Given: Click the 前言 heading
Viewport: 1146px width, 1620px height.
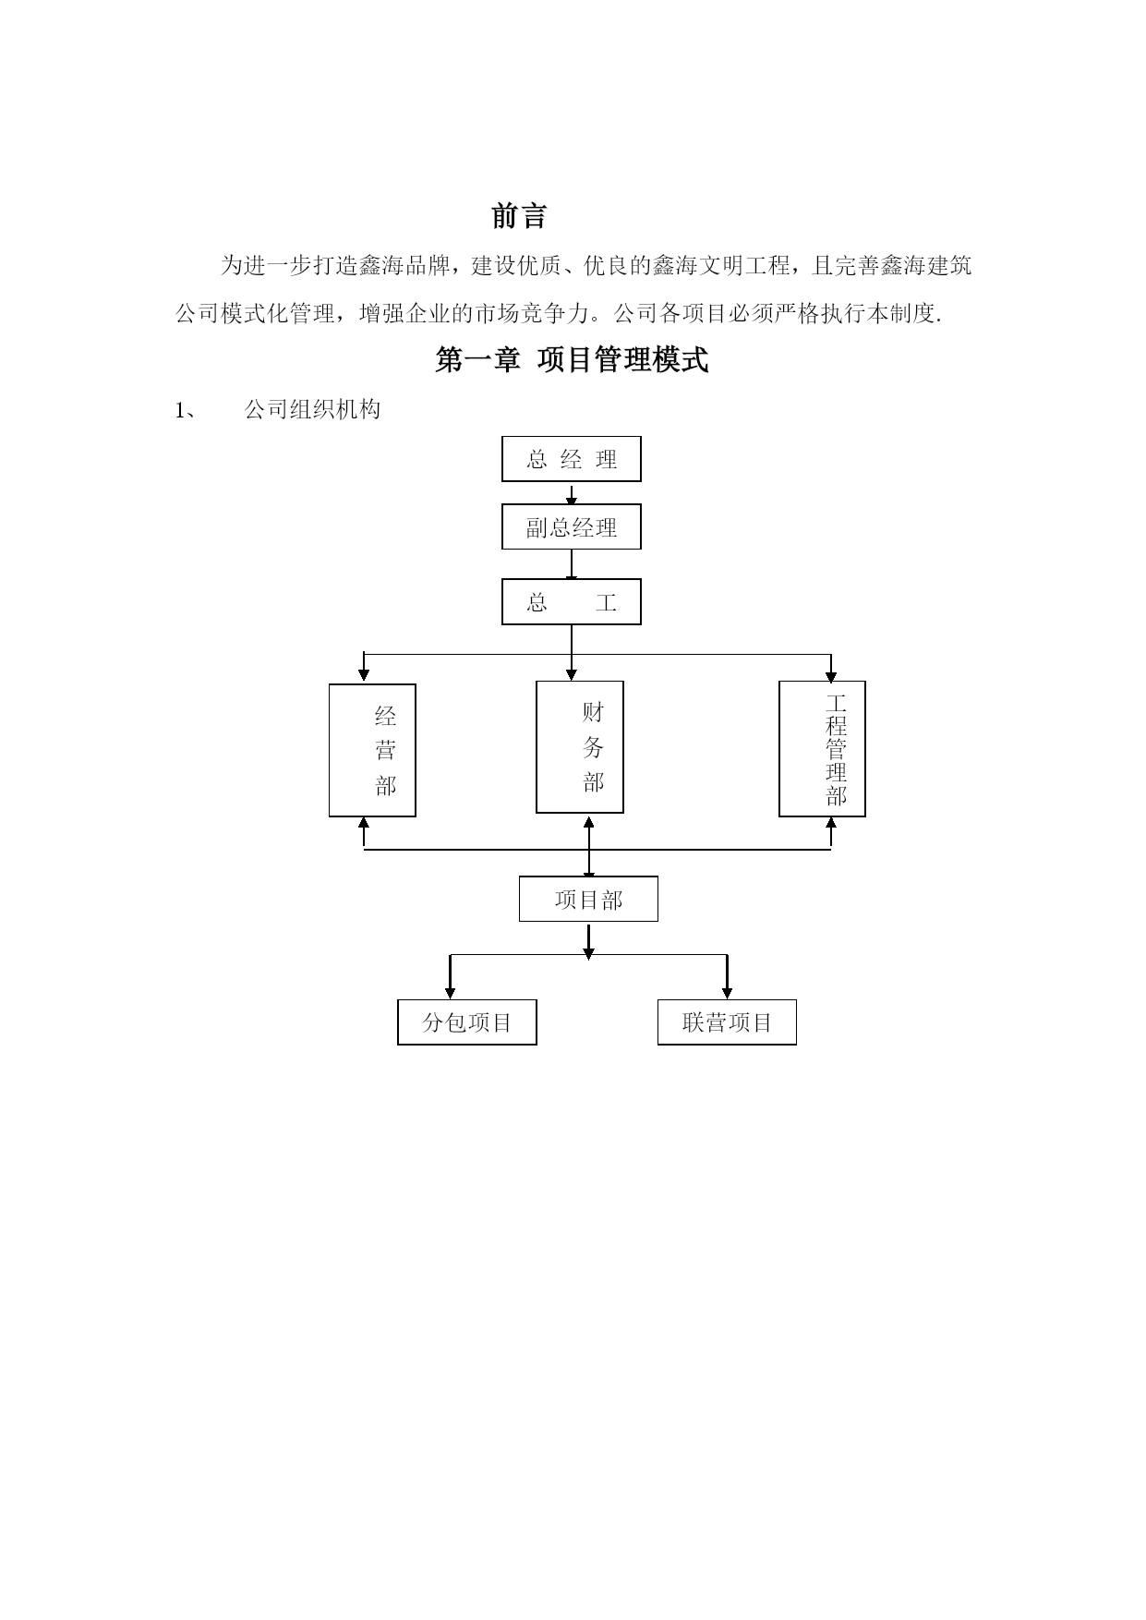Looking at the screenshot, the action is click(x=519, y=216).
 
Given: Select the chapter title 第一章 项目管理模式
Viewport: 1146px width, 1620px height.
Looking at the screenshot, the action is click(x=572, y=360).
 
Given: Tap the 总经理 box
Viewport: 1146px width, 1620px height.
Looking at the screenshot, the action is click(x=572, y=459).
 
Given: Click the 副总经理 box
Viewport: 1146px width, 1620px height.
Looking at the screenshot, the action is click(x=572, y=527).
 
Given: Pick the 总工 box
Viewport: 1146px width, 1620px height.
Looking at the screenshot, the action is click(x=572, y=602).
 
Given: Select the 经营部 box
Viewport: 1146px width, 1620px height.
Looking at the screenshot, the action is click(x=372, y=750).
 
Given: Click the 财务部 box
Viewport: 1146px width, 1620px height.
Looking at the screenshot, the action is click(x=580, y=747).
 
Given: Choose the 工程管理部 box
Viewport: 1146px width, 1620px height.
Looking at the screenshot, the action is click(x=822, y=749).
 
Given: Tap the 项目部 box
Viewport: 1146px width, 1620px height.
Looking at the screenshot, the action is click(x=588, y=899).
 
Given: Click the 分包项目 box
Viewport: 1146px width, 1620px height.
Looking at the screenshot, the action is click(x=467, y=1022).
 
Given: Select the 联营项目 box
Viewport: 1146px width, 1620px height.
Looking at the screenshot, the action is click(x=727, y=1022).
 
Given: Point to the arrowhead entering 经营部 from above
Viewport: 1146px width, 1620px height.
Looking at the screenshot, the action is click(x=364, y=675).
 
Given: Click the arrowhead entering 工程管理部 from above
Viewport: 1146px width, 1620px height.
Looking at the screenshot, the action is click(x=831, y=675).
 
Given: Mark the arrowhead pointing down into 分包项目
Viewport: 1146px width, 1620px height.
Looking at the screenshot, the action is click(x=450, y=992).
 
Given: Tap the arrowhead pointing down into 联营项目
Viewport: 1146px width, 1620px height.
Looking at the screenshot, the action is click(x=727, y=992).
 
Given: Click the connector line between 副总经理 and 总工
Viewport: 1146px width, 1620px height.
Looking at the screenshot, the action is click(x=572, y=564).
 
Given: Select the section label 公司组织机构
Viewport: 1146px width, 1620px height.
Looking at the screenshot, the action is click(x=312, y=410).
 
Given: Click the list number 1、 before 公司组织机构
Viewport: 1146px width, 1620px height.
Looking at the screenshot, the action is click(x=186, y=410).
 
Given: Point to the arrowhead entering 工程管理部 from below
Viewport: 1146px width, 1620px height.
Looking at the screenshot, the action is click(x=831, y=824).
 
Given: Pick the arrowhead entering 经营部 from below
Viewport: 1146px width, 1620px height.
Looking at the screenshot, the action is click(x=364, y=824).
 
